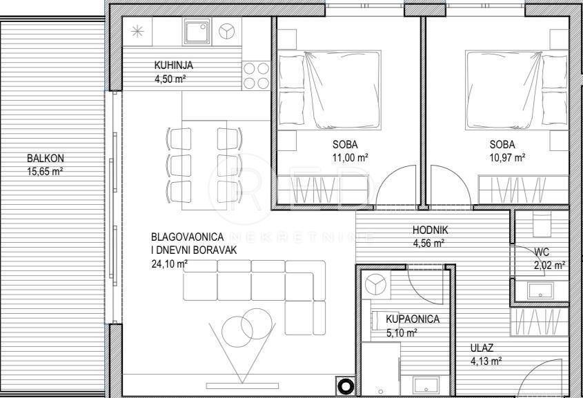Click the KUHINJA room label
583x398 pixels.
pos(173,66)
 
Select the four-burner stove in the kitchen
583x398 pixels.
pos(256,76)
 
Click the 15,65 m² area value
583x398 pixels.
pos(46,171)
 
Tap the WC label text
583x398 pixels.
pos(542,251)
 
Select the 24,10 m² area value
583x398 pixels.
pos(169,263)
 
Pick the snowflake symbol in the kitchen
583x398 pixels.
pos(138,31)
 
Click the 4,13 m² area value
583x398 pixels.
pos(486,360)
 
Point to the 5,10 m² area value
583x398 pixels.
pos(402,332)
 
